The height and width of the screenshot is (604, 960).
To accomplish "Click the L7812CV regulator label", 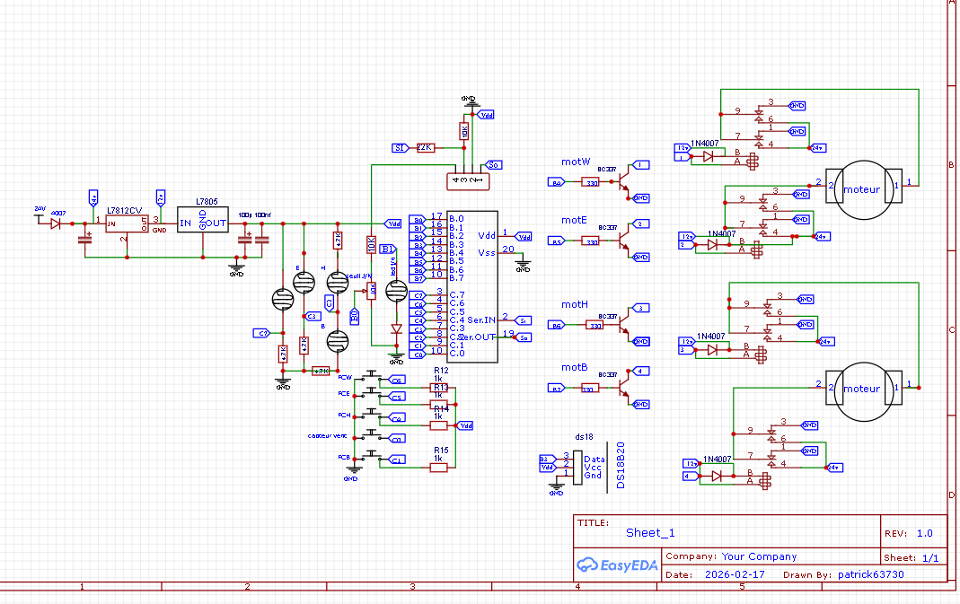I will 124,210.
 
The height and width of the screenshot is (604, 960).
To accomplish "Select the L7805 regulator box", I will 202,222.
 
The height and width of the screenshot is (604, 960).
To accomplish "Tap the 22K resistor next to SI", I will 426,147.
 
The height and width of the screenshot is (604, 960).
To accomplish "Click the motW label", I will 576,162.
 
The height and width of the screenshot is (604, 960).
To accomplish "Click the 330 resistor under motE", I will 591,241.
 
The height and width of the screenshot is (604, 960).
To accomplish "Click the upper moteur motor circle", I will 861,189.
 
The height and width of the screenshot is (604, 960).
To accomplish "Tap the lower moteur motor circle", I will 861,389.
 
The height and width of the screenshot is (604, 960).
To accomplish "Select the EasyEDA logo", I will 617,565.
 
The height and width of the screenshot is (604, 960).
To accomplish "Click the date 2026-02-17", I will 735,574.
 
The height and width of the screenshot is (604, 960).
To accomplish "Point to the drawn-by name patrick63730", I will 870,574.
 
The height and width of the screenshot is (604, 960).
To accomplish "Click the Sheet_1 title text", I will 650,532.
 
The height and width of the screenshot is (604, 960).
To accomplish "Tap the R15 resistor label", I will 441,450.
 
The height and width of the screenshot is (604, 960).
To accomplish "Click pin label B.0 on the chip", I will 456,219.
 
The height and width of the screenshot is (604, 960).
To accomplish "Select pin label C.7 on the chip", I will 456,294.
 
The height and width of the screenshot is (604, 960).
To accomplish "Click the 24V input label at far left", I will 40,208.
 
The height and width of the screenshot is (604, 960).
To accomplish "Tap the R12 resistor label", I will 441,370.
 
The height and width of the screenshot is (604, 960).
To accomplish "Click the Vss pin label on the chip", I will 486,252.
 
